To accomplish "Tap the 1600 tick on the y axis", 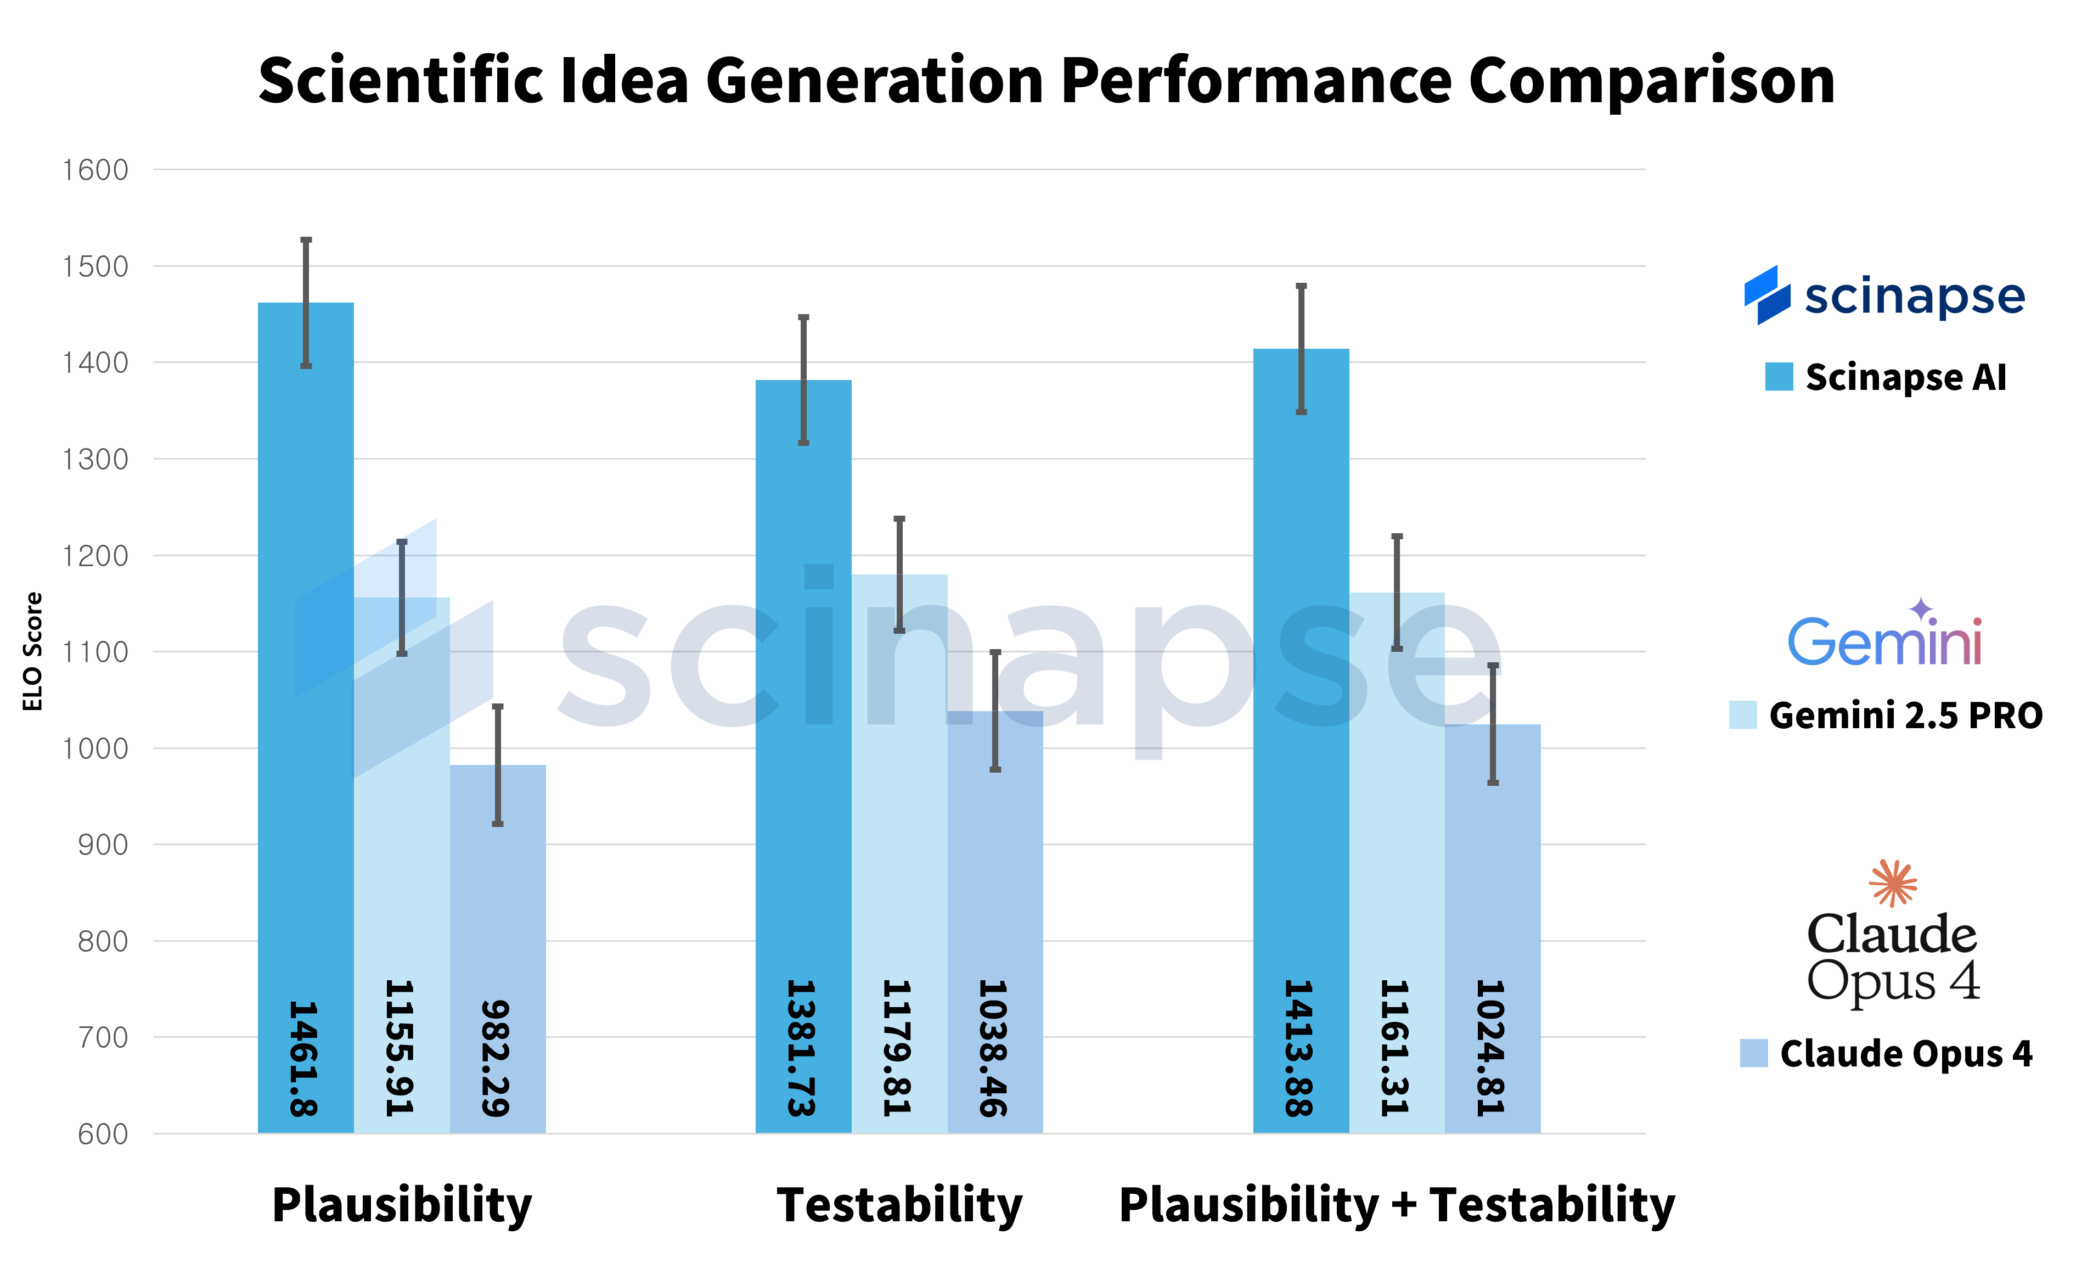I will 95,170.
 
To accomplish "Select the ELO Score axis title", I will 32,652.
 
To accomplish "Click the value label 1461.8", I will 303,1058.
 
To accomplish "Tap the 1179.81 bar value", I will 897,1048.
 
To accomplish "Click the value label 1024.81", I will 1491,1048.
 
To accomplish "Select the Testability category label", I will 899,1205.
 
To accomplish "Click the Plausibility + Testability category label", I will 1397,1205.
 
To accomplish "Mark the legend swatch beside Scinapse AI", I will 1779,377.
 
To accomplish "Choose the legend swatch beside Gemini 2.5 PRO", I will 1742,715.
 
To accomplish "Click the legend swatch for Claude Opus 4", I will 1753,1053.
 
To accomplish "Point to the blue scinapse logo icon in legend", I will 1767,295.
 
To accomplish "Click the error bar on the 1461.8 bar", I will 307,303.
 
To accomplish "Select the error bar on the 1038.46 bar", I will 995,711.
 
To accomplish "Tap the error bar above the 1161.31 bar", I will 1397,593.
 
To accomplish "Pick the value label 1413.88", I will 1299,1048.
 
